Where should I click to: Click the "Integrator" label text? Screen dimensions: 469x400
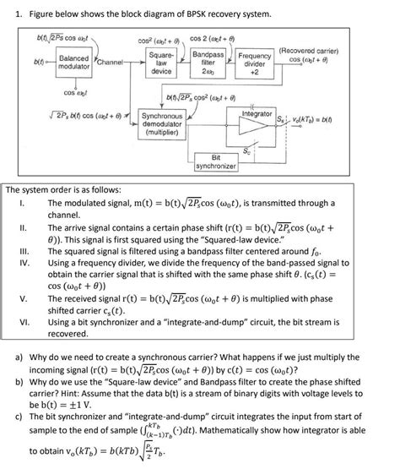tap(257, 113)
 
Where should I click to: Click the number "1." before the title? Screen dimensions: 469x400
tap(12, 15)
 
